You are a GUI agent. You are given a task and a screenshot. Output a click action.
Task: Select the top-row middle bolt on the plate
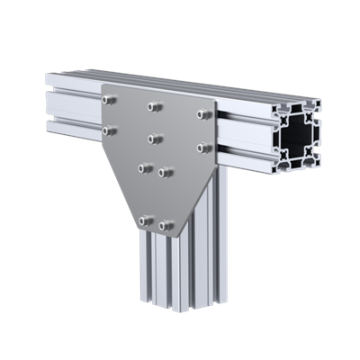[155, 107]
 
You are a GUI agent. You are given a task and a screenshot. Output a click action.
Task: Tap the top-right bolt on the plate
[204, 113]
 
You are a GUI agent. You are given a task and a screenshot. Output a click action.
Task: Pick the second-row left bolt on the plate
[111, 130]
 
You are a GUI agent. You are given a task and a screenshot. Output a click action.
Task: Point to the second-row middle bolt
[154, 139]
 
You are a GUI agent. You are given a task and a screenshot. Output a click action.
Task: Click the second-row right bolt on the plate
[203, 146]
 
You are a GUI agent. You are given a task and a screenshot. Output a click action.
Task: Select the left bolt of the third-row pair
[143, 166]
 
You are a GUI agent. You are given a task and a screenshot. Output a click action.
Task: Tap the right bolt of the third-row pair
[165, 170]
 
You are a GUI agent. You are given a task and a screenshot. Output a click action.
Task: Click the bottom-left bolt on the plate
[144, 220]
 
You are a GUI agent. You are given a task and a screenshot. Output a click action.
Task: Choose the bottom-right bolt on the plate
[166, 225]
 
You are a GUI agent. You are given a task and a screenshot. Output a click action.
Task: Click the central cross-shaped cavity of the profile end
[298, 140]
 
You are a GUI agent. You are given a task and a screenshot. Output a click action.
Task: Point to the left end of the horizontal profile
[49, 99]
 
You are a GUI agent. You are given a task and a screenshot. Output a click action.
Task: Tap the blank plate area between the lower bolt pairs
[155, 195]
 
